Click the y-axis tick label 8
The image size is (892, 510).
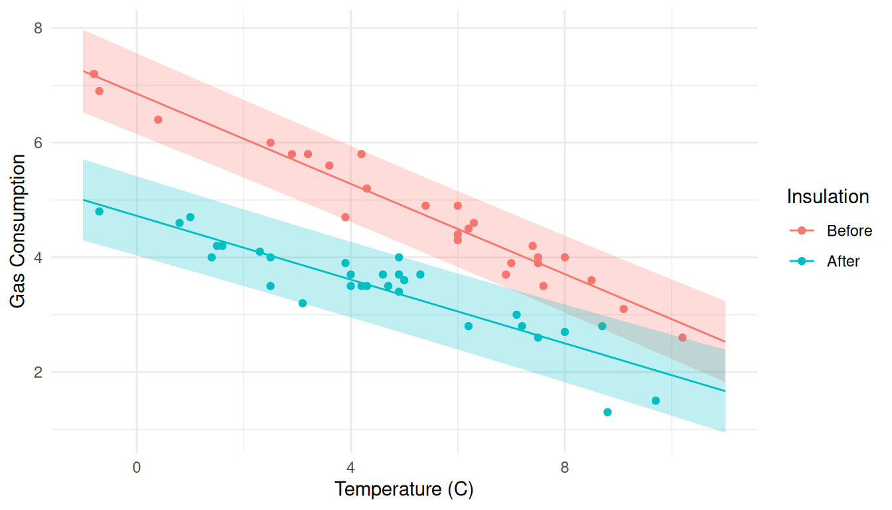(38, 28)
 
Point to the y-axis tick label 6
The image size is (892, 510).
(38, 143)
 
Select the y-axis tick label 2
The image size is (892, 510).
(38, 372)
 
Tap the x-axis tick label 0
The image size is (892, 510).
(137, 467)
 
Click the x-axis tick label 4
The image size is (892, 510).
(350, 467)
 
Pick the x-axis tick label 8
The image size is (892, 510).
(565, 467)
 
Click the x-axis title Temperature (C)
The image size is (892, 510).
(404, 490)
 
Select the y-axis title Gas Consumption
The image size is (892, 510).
(19, 231)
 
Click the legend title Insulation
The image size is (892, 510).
(828, 197)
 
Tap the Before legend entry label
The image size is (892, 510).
(849, 231)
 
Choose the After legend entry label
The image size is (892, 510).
(843, 262)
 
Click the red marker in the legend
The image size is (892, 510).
(802, 231)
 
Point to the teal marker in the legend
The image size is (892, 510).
(802, 262)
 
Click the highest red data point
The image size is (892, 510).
(94, 74)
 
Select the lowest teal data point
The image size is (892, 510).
(607, 412)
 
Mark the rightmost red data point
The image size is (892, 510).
(682, 337)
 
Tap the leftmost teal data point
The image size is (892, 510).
(99, 211)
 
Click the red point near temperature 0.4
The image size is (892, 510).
(158, 120)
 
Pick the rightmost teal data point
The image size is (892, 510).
(656, 400)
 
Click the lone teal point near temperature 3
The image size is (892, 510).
(303, 303)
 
